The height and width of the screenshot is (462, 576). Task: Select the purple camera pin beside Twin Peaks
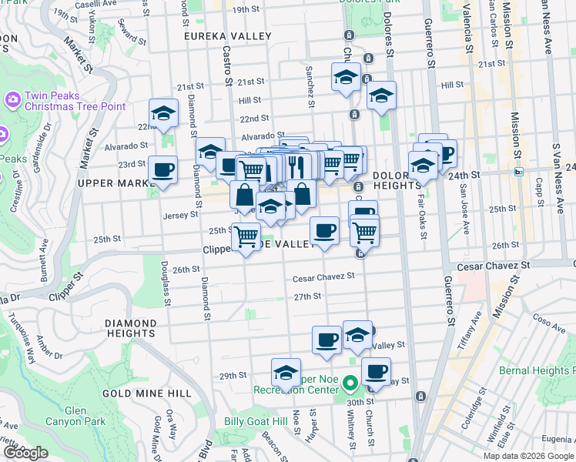[x=12, y=99]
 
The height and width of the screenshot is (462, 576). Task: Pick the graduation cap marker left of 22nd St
[x=163, y=113]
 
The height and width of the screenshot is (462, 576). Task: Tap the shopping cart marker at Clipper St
[x=246, y=236]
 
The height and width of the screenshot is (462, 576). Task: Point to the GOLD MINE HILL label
[x=146, y=393]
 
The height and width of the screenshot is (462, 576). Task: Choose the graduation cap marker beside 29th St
[x=286, y=373]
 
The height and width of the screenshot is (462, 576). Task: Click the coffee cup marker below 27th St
[x=327, y=340]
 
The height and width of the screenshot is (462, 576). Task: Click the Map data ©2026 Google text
[x=527, y=456]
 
